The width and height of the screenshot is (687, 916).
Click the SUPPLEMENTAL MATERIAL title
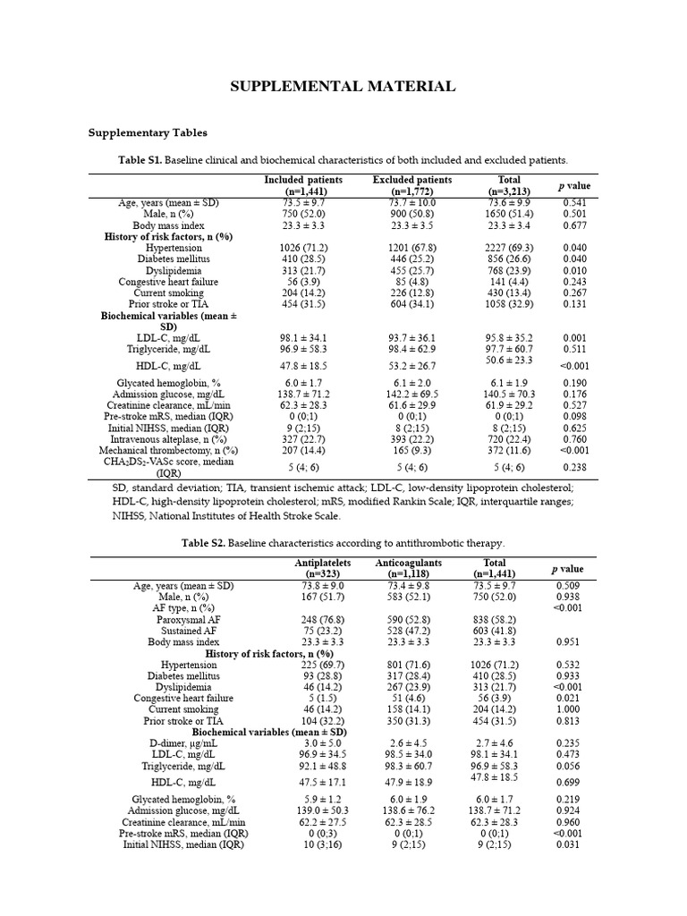coord(343,87)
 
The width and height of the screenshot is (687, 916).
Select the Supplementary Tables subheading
coord(148,132)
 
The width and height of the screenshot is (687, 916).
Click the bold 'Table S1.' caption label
coord(146,160)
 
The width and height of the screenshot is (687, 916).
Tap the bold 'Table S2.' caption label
coord(203,543)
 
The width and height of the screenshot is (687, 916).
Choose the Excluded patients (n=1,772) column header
coord(412,185)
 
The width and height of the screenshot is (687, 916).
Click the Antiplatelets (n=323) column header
coord(323,568)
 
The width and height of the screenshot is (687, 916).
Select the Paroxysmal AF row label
coord(188,619)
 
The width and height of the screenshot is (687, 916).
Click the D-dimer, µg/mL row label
coord(183,742)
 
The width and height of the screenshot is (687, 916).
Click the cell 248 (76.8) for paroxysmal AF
coord(323,619)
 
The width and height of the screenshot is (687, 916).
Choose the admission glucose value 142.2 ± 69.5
coord(412,394)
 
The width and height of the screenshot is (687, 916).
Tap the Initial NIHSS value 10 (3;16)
coord(323,844)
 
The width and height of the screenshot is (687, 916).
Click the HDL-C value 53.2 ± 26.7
coord(412,365)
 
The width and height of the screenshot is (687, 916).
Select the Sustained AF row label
coord(188,631)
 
